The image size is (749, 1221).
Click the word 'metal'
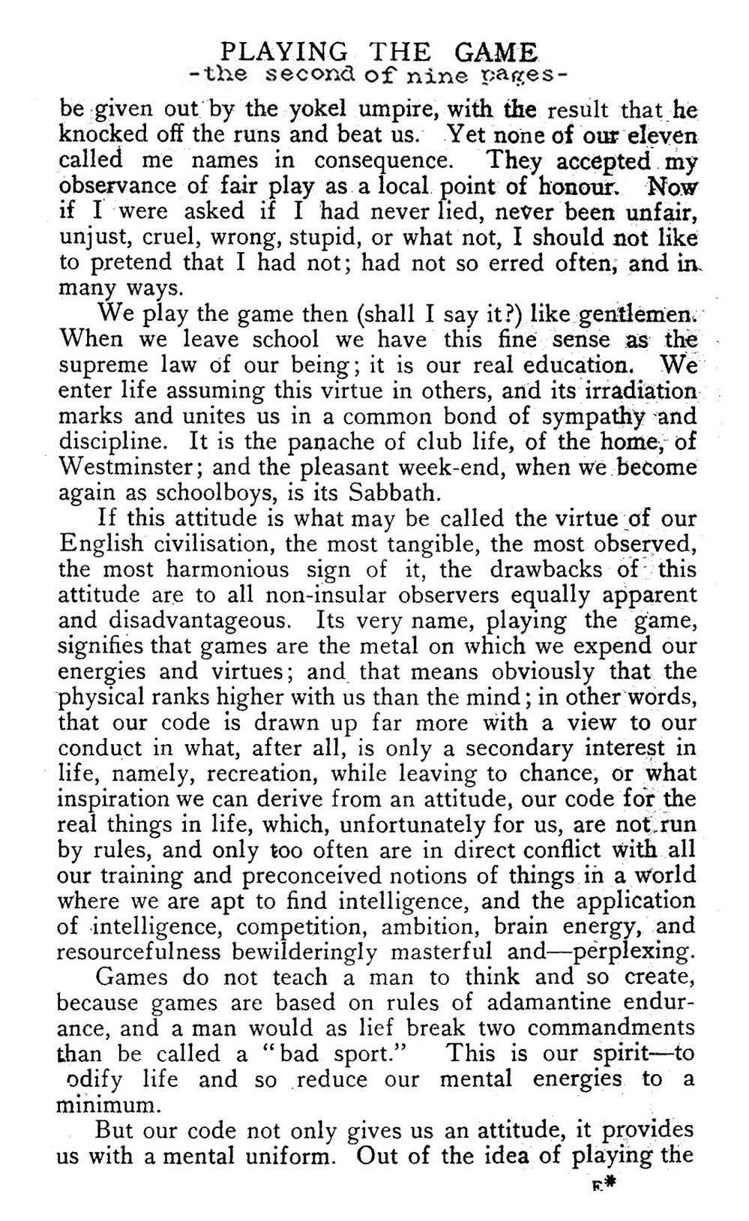[412, 646]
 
